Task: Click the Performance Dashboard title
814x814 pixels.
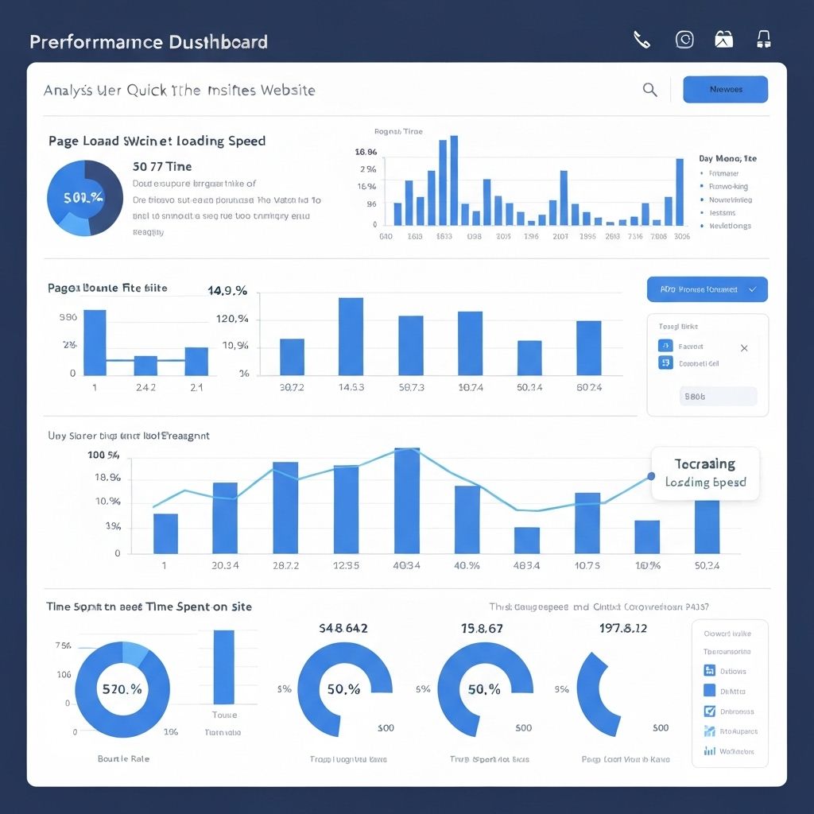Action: click(x=149, y=42)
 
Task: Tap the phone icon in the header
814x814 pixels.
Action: click(x=642, y=40)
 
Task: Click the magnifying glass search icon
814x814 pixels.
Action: click(x=649, y=90)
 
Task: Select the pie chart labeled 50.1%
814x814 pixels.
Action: click(x=84, y=198)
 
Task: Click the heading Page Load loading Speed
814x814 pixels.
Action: click(x=157, y=141)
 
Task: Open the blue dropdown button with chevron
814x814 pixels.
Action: click(x=707, y=289)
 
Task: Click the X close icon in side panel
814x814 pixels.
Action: click(x=744, y=347)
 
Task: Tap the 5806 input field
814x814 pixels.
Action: click(x=719, y=396)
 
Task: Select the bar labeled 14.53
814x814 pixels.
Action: click(x=351, y=336)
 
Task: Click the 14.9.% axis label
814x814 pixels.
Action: click(x=227, y=292)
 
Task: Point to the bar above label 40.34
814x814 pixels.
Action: click(x=407, y=500)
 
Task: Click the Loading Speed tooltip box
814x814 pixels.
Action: click(x=704, y=473)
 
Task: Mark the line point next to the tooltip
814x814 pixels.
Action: click(x=651, y=476)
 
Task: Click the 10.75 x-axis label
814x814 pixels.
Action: click(x=587, y=565)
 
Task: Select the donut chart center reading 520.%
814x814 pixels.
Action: click(x=122, y=689)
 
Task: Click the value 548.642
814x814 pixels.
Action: click(x=343, y=628)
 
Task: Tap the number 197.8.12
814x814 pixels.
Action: click(x=622, y=628)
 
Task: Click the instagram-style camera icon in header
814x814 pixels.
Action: click(x=684, y=40)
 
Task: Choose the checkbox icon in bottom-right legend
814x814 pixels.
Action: click(x=710, y=711)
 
